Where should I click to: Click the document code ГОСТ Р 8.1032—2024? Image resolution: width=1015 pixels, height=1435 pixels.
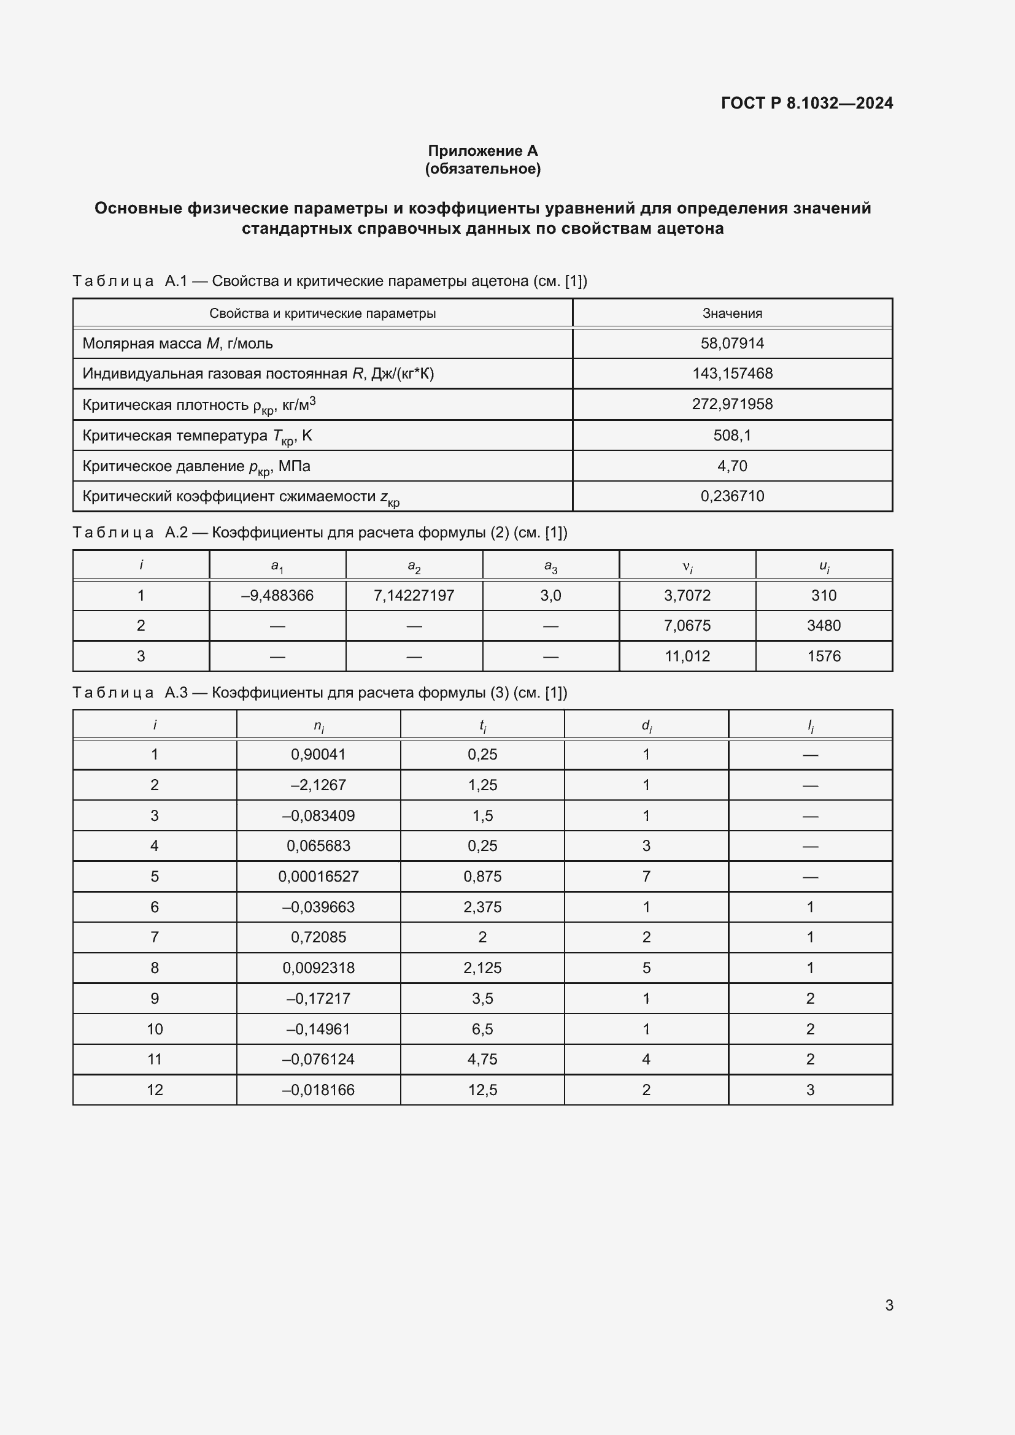coord(806,103)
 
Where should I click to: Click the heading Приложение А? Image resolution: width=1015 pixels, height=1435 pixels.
coord(482,151)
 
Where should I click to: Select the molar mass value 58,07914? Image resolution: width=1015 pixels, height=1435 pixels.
coord(732,343)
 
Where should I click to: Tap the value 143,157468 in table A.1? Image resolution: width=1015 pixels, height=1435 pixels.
coord(732,373)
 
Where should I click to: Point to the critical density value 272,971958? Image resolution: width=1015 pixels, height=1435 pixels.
coord(732,404)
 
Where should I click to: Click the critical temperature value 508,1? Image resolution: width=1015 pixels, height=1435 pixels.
coord(732,435)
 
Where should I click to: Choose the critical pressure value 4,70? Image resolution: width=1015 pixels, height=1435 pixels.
coord(732,466)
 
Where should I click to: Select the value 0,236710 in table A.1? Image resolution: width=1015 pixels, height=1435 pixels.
coord(732,496)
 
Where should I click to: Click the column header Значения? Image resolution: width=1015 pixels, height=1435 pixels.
coord(732,313)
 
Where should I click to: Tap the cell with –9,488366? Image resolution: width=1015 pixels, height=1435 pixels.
coord(277,595)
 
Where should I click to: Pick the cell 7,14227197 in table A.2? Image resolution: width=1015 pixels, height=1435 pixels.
coord(414,595)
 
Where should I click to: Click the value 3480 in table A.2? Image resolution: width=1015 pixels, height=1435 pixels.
coord(823,625)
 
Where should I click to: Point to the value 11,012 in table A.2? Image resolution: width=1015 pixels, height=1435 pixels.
coord(687,656)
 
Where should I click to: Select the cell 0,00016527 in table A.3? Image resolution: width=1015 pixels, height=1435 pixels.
coord(318,876)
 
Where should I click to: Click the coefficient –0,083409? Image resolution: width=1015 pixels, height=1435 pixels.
coord(318,815)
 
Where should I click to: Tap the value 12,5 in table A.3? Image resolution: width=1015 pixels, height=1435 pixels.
coord(482,1090)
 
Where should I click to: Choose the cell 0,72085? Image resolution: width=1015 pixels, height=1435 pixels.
coord(318,937)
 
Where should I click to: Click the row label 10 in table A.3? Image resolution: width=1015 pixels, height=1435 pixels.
coord(155,1029)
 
